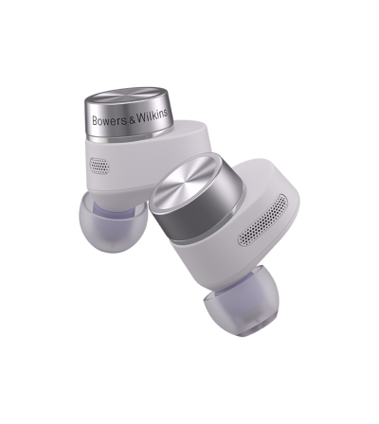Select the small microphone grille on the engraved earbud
[99, 165]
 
